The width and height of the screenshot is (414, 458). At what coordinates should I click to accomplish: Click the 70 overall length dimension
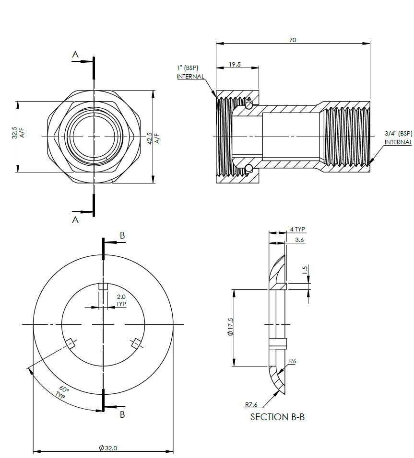[293, 40]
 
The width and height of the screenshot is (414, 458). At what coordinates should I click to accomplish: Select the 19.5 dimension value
[235, 64]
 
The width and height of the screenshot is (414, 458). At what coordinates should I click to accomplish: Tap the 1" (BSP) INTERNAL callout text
[190, 72]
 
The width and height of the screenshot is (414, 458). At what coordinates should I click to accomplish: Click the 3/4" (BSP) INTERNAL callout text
[398, 137]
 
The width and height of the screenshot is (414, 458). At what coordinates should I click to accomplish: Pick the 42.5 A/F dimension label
[153, 138]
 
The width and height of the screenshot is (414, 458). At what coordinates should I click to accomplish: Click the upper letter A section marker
[75, 55]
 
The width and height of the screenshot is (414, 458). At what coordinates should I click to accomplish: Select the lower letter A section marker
[75, 219]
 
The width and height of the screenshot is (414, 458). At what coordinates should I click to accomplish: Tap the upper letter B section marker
[122, 235]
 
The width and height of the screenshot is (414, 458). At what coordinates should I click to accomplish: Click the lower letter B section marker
[122, 414]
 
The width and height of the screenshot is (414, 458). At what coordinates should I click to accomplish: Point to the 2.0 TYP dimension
[121, 300]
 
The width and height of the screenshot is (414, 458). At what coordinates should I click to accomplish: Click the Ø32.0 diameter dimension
[108, 448]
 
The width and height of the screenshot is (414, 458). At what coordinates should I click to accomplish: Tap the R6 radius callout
[292, 361]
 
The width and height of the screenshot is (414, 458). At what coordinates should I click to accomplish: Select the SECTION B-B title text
[277, 417]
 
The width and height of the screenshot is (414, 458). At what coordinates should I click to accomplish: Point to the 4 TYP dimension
[297, 229]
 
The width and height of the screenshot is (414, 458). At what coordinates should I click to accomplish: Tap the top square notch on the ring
[103, 286]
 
